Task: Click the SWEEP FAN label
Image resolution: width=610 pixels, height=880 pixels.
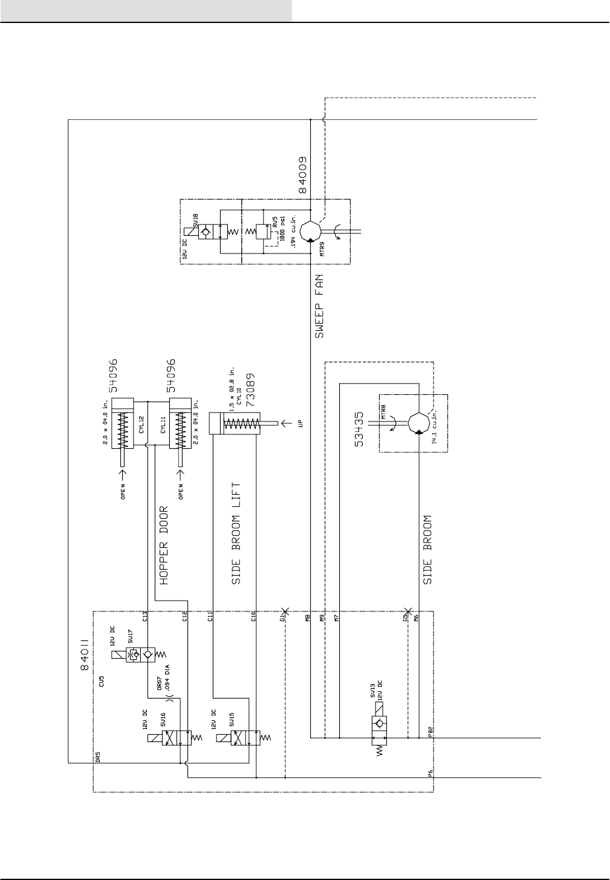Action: (x=320, y=305)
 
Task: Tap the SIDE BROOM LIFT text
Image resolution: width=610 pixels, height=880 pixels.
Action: (x=236, y=533)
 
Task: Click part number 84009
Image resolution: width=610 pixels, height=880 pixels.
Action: (x=302, y=174)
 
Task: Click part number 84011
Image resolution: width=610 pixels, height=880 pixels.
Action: (x=85, y=654)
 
